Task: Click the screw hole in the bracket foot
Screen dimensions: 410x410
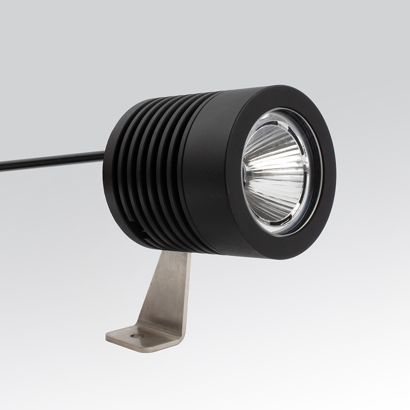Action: (x=137, y=336)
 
